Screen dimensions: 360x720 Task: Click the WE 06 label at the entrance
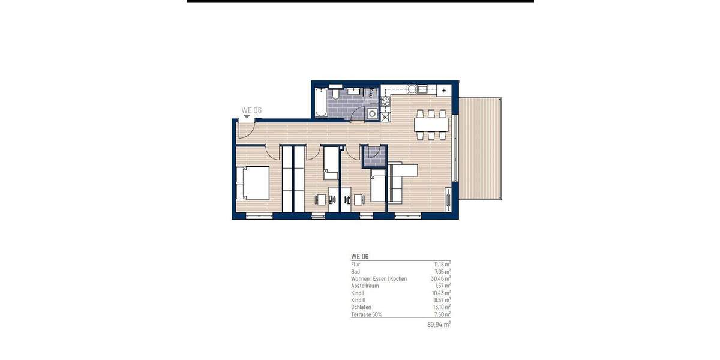(x=251, y=110)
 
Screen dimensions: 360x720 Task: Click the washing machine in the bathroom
(x=373, y=113)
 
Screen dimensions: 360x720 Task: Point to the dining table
(x=431, y=125)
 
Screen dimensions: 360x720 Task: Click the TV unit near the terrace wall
(x=448, y=198)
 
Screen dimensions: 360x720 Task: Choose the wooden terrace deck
(x=481, y=148)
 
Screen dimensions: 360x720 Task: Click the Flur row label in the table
(x=356, y=264)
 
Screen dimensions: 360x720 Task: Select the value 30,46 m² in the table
(x=441, y=279)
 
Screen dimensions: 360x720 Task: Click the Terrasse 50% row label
(x=367, y=314)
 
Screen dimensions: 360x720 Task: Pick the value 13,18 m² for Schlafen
(x=441, y=307)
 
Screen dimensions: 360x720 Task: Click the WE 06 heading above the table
(x=360, y=256)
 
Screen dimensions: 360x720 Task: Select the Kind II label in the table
(x=358, y=300)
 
